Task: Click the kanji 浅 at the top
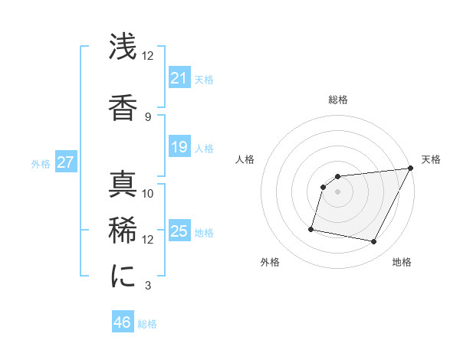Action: click(123, 47)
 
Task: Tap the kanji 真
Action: click(123, 185)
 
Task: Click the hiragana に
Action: click(123, 277)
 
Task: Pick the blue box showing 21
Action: click(179, 78)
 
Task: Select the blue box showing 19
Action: click(179, 147)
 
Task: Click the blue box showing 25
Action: click(179, 231)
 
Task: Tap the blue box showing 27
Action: click(65, 162)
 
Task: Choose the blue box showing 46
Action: click(123, 322)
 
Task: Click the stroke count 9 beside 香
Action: click(147, 116)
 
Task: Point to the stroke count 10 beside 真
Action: click(148, 193)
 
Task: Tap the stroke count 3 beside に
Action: click(147, 286)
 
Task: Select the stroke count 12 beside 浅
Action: click(148, 55)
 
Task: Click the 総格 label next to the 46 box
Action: click(147, 324)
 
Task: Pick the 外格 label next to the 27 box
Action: click(41, 163)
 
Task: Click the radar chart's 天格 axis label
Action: click(431, 159)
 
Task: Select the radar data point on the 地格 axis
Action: click(374, 242)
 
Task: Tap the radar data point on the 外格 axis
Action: click(311, 228)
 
